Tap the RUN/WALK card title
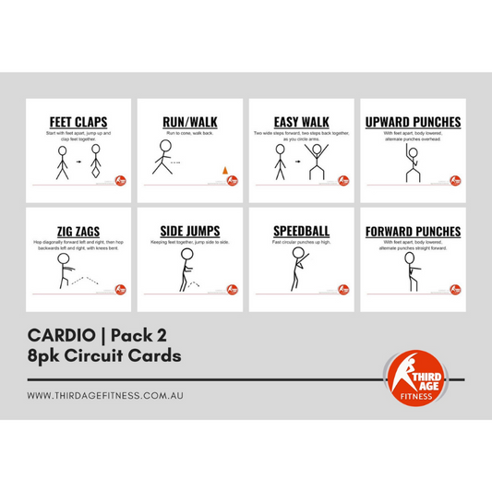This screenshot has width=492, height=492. [x=190, y=122]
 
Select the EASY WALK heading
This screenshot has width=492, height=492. [x=301, y=122]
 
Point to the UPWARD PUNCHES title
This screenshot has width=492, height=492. [x=413, y=122]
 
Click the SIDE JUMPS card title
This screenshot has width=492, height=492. [x=190, y=232]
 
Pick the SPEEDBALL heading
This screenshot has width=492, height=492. [x=301, y=232]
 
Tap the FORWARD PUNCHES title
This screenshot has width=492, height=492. [x=413, y=232]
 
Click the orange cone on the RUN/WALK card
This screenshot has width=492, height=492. [x=223, y=169]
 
